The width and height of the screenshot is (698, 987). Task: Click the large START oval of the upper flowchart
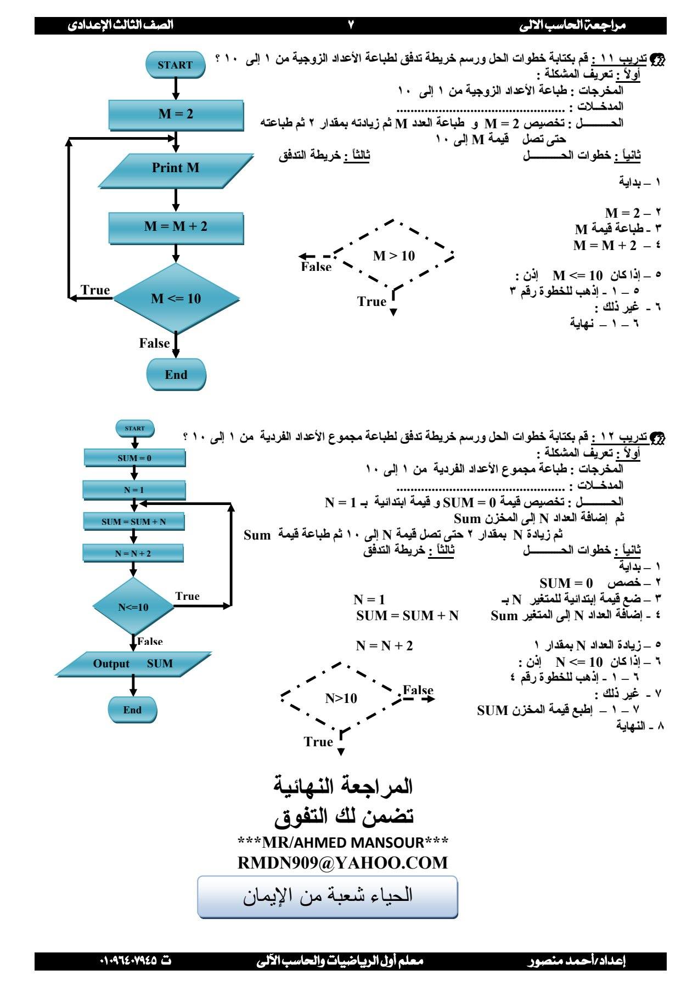[175, 65]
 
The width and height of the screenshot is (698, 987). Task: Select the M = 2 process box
[176, 114]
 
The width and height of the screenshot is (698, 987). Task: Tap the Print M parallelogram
[176, 168]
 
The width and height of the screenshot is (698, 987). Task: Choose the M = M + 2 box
[176, 227]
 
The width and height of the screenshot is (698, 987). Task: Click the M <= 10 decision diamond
[176, 299]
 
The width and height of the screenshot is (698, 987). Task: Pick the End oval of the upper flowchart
[176, 375]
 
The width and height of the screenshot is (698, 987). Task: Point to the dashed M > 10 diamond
[394, 256]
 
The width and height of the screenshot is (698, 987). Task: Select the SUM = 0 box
[134, 458]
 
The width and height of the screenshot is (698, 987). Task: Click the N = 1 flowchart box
[134, 490]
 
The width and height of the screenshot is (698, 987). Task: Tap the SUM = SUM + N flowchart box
[134, 521]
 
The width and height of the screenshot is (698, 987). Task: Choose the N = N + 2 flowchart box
[133, 553]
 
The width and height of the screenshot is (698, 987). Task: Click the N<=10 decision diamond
[133, 607]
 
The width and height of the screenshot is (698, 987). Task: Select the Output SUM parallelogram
[133, 664]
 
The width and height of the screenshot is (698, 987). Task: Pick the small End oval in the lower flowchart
[132, 710]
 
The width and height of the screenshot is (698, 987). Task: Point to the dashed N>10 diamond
[341, 698]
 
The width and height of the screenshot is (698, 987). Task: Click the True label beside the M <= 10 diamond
[95, 290]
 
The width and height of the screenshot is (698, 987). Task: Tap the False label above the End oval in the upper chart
[154, 343]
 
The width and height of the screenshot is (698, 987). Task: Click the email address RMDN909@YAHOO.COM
[342, 863]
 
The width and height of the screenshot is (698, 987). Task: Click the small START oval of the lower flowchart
[135, 428]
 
